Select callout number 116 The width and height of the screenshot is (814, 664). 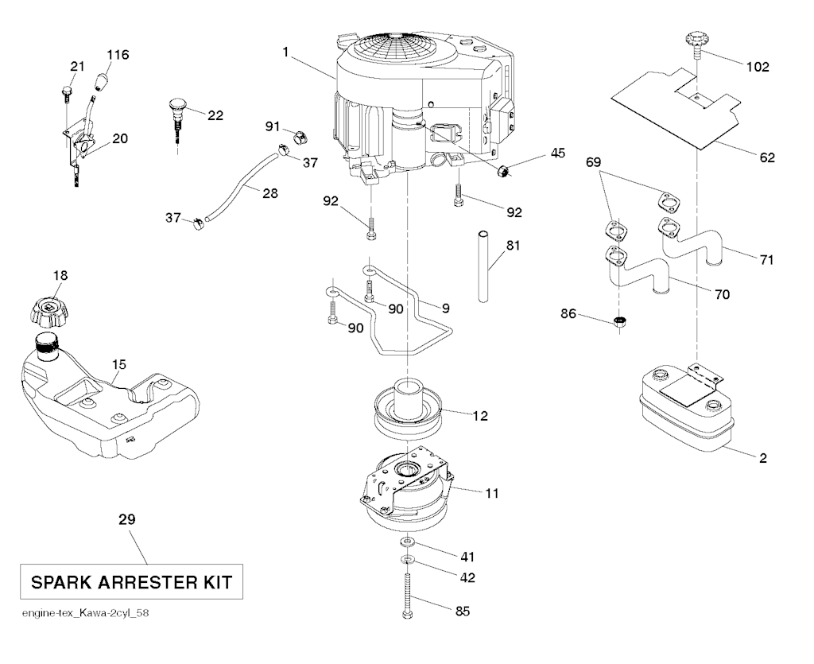click(118, 55)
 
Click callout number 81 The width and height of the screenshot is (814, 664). click(513, 246)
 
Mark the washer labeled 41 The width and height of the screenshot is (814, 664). click(407, 542)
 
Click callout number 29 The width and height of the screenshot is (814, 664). click(126, 520)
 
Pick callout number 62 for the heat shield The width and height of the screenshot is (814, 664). click(766, 157)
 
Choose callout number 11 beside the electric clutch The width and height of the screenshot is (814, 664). click(492, 493)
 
